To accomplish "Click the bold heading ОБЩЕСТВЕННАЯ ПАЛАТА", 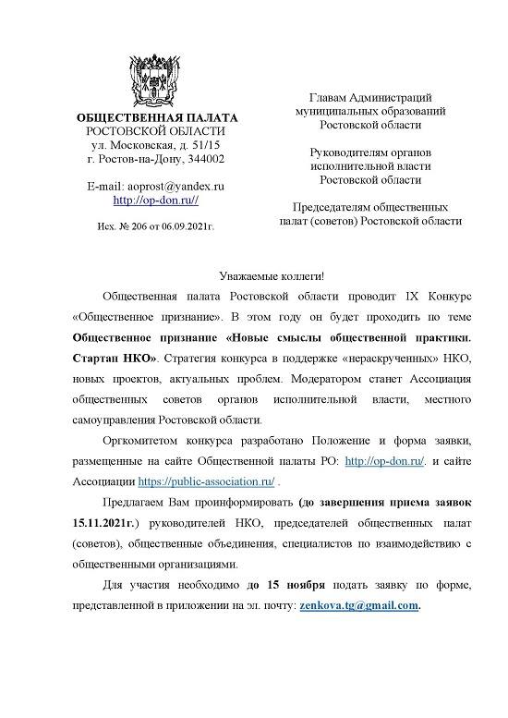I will (156, 118).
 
